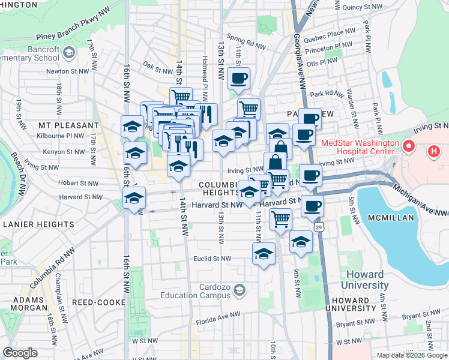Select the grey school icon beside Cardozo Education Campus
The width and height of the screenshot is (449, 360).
240,291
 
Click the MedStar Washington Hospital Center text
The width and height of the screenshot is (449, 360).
360,148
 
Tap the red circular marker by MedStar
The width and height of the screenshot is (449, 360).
409,146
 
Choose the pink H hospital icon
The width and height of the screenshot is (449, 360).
433,152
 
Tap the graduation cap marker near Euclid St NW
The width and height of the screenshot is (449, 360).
264,254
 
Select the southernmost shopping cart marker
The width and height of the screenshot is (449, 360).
280,220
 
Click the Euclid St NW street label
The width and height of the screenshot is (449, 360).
213,259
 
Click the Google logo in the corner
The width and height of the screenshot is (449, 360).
20,352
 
